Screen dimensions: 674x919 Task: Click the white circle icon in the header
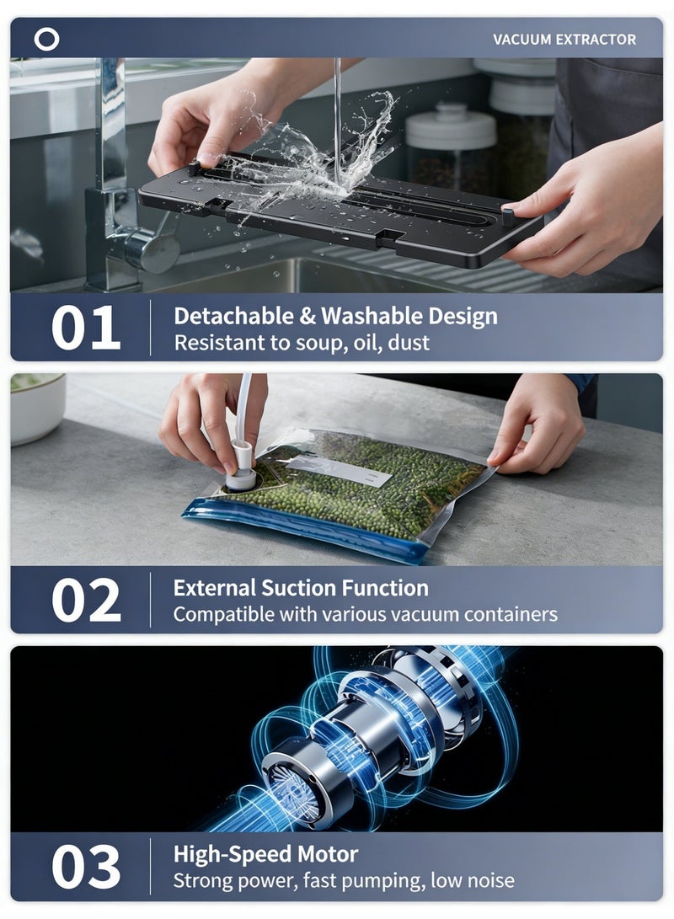click(x=46, y=40)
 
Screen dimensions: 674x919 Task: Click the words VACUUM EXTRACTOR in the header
click(x=564, y=40)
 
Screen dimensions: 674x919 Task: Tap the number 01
click(x=86, y=329)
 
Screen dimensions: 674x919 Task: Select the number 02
click(x=86, y=600)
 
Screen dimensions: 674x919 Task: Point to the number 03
click(x=86, y=867)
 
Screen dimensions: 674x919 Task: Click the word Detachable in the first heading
click(x=233, y=316)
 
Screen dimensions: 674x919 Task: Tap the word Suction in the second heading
click(x=298, y=588)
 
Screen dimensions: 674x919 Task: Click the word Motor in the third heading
click(x=328, y=854)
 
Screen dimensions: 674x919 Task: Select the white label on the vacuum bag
click(x=340, y=471)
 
